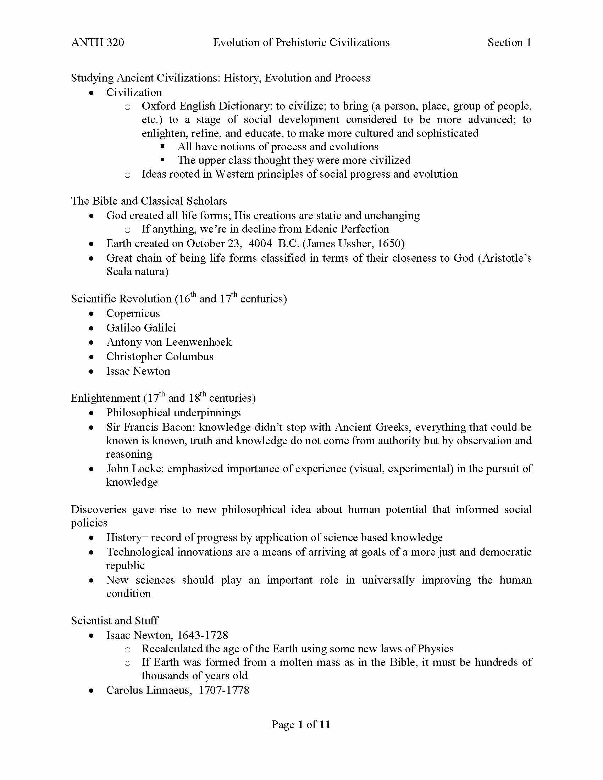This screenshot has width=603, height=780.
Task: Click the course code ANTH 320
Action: tap(98, 43)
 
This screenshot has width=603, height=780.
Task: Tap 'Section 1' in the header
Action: tap(509, 43)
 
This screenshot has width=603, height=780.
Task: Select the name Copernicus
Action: tap(133, 313)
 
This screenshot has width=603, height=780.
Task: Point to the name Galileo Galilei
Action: tap(141, 328)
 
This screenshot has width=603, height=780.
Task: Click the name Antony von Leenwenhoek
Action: tap(169, 342)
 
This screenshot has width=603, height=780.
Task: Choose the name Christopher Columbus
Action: tap(160, 356)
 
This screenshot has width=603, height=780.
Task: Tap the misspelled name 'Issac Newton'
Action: tap(138, 371)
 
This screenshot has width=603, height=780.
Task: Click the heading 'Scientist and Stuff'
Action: tap(115, 620)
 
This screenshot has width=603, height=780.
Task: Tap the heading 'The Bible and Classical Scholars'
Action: tap(149, 201)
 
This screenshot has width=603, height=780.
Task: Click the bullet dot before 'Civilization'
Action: tap(92, 93)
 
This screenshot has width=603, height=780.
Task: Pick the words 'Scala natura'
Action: tap(137, 272)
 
